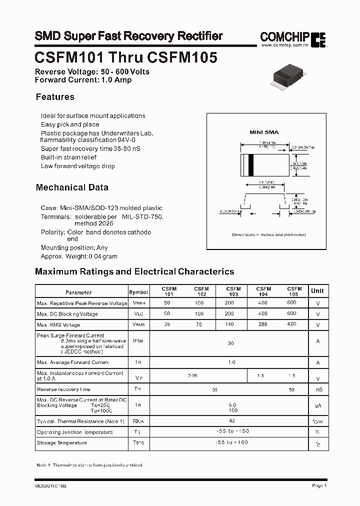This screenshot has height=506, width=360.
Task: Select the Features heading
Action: point(55,97)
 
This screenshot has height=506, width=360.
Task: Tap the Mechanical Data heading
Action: point(72,187)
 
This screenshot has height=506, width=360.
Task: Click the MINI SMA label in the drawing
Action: point(264,132)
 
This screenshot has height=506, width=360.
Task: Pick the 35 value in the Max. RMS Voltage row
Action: point(166,324)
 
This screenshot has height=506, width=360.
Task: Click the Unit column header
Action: point(317,291)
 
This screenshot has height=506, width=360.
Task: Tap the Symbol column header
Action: point(138,292)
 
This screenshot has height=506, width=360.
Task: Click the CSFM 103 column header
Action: point(233,291)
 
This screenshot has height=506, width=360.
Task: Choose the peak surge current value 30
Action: point(230,343)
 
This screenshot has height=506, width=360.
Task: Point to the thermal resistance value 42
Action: point(231,421)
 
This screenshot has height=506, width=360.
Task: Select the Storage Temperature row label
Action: point(62,443)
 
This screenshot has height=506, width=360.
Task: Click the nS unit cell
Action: point(317,389)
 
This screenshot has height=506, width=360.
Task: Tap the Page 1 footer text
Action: point(319,485)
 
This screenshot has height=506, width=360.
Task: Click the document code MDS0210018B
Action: point(51,485)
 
